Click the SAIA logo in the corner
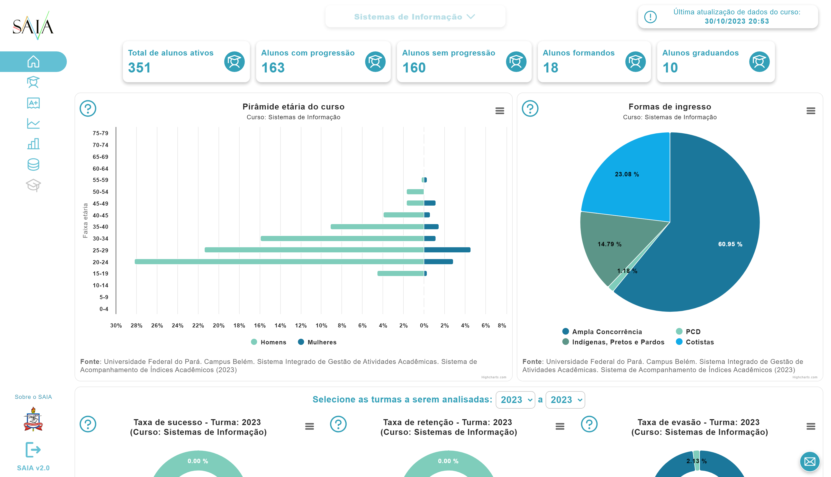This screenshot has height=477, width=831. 33,25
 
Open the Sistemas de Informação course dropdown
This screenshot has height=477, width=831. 414,17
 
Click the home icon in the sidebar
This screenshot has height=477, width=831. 33,62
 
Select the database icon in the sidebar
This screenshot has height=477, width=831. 33,164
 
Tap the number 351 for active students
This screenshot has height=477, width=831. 139,68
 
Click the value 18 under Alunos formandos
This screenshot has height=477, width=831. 550,68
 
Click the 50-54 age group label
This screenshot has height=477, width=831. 100,192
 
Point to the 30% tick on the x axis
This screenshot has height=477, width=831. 116,326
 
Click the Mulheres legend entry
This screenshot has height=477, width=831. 317,342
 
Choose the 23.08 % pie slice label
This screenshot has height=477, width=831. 627,174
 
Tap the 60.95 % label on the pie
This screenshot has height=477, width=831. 730,244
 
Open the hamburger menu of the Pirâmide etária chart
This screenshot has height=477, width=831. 499,111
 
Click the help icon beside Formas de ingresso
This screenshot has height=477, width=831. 530,108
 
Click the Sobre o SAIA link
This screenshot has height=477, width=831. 33,397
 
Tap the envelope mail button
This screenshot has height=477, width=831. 809,462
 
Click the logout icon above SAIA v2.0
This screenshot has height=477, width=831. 33,450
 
